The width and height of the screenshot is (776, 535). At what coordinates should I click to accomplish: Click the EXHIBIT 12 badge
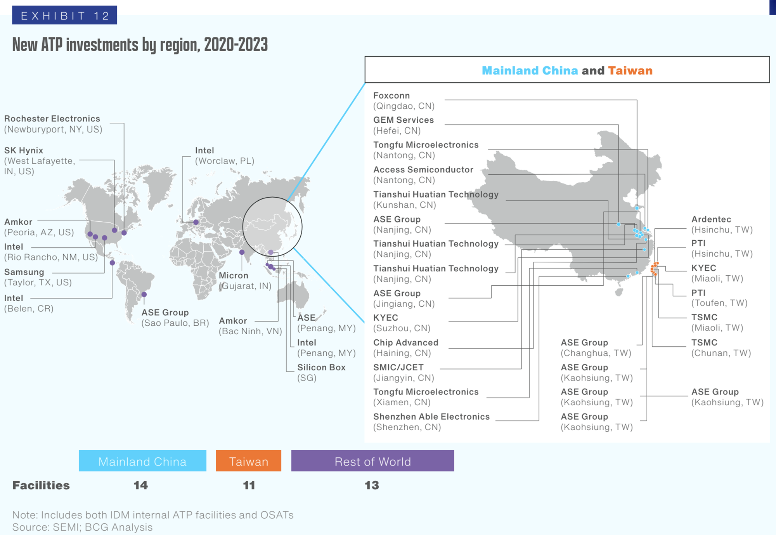[64, 16]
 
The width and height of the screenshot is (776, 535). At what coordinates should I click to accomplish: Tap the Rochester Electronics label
[53, 124]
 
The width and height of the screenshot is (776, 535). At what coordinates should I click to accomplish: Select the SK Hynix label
[39, 161]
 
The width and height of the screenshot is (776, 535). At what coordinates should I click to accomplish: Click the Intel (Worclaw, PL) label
[224, 156]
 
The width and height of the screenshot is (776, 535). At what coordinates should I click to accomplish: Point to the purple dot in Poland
[196, 222]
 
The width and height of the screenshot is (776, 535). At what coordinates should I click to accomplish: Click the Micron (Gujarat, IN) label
[244, 281]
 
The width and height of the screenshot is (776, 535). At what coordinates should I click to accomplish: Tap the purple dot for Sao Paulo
[144, 294]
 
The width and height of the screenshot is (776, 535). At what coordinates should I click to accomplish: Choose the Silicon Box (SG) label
[321, 372]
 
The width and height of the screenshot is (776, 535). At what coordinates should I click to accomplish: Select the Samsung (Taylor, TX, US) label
[38, 277]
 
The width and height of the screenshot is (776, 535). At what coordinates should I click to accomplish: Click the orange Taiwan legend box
[248, 461]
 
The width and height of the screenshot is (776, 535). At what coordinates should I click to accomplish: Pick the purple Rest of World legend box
[372, 461]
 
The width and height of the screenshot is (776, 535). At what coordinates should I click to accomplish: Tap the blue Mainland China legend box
[142, 461]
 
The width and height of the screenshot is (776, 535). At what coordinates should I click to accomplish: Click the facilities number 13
[372, 485]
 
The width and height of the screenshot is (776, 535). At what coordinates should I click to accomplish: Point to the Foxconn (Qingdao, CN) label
[404, 101]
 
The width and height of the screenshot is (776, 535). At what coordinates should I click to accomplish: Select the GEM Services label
[403, 125]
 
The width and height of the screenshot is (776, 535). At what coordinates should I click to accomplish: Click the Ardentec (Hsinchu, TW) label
[722, 224]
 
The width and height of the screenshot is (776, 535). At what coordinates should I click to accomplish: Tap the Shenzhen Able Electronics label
[431, 422]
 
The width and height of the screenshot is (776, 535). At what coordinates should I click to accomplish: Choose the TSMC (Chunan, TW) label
[721, 347]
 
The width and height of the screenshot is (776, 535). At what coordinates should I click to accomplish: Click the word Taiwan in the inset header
[630, 71]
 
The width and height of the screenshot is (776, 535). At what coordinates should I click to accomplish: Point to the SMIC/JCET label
[404, 372]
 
